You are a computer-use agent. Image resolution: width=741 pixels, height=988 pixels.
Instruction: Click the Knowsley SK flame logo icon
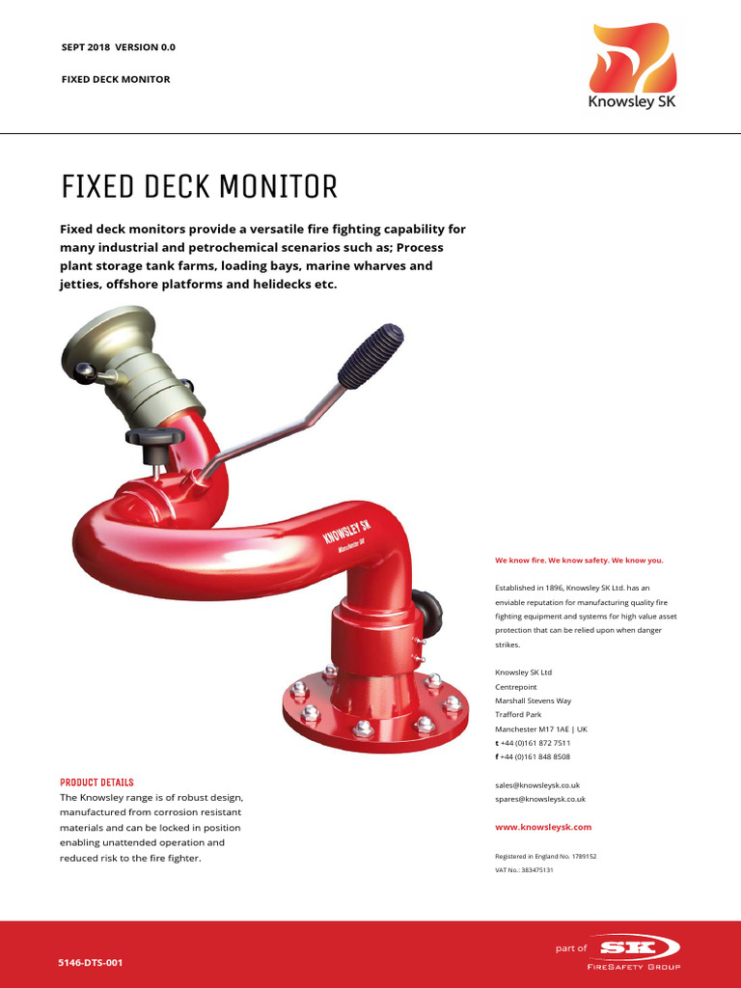coord(634,58)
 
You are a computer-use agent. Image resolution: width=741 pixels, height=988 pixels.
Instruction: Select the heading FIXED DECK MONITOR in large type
coord(200,186)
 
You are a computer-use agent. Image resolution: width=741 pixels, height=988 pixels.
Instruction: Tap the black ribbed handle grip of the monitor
coord(370,355)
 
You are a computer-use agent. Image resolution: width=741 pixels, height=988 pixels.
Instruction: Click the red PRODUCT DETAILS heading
coord(96,782)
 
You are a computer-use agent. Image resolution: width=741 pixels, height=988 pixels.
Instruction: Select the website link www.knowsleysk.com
coord(543,827)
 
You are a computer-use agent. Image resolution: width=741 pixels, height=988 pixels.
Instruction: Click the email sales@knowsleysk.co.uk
coord(537,785)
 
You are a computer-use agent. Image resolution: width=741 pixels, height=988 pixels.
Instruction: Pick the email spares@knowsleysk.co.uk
coord(540,799)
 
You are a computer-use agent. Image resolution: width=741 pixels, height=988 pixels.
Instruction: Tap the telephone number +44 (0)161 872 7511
coord(535,743)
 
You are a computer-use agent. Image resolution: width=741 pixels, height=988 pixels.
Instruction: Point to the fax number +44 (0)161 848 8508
coord(535,756)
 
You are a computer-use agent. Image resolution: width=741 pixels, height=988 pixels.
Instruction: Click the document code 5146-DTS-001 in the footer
coord(92,963)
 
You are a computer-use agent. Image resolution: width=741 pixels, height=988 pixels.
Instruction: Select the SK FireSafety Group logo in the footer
coord(632,953)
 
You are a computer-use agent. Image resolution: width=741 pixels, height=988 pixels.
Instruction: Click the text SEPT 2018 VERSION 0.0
coord(119,47)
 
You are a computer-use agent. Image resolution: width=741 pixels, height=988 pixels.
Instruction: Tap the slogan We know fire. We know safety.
coord(579,560)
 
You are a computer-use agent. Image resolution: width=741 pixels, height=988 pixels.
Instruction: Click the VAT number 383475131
coord(524,870)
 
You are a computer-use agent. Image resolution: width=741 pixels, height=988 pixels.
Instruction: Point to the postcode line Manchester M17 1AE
coord(541,728)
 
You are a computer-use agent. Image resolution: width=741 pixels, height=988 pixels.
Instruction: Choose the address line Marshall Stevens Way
coord(534,700)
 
